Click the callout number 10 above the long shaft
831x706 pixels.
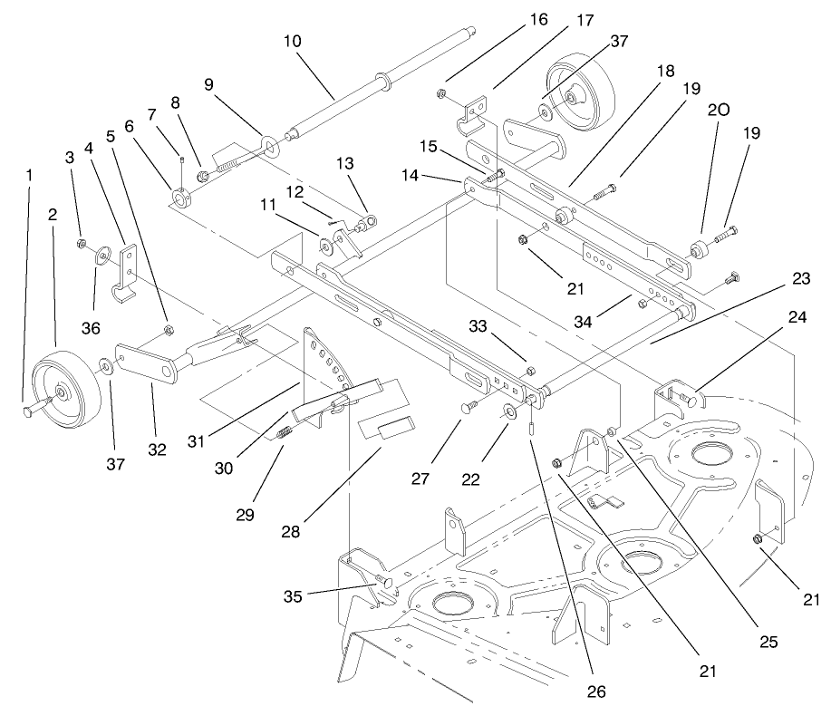coord(292,42)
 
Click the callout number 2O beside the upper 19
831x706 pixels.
coord(718,111)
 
